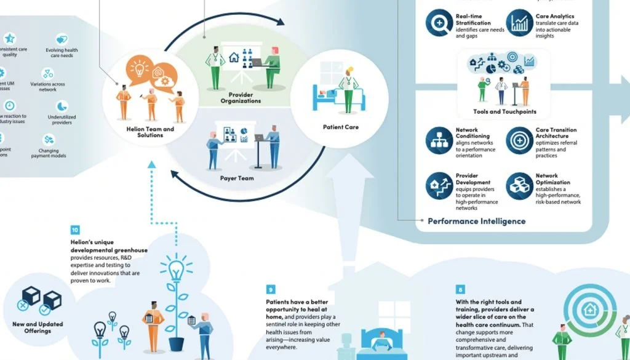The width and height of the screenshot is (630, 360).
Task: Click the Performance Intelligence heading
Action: [x=476, y=221]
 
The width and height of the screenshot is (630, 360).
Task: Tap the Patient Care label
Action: [x=340, y=127]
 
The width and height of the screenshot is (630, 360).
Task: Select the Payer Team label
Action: [x=237, y=178]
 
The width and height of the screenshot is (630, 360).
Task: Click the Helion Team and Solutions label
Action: [x=151, y=132]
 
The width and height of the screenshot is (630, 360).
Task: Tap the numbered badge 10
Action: [x=75, y=230]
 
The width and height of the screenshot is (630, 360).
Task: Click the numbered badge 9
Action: [x=271, y=289]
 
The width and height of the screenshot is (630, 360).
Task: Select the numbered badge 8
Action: [x=461, y=289]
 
